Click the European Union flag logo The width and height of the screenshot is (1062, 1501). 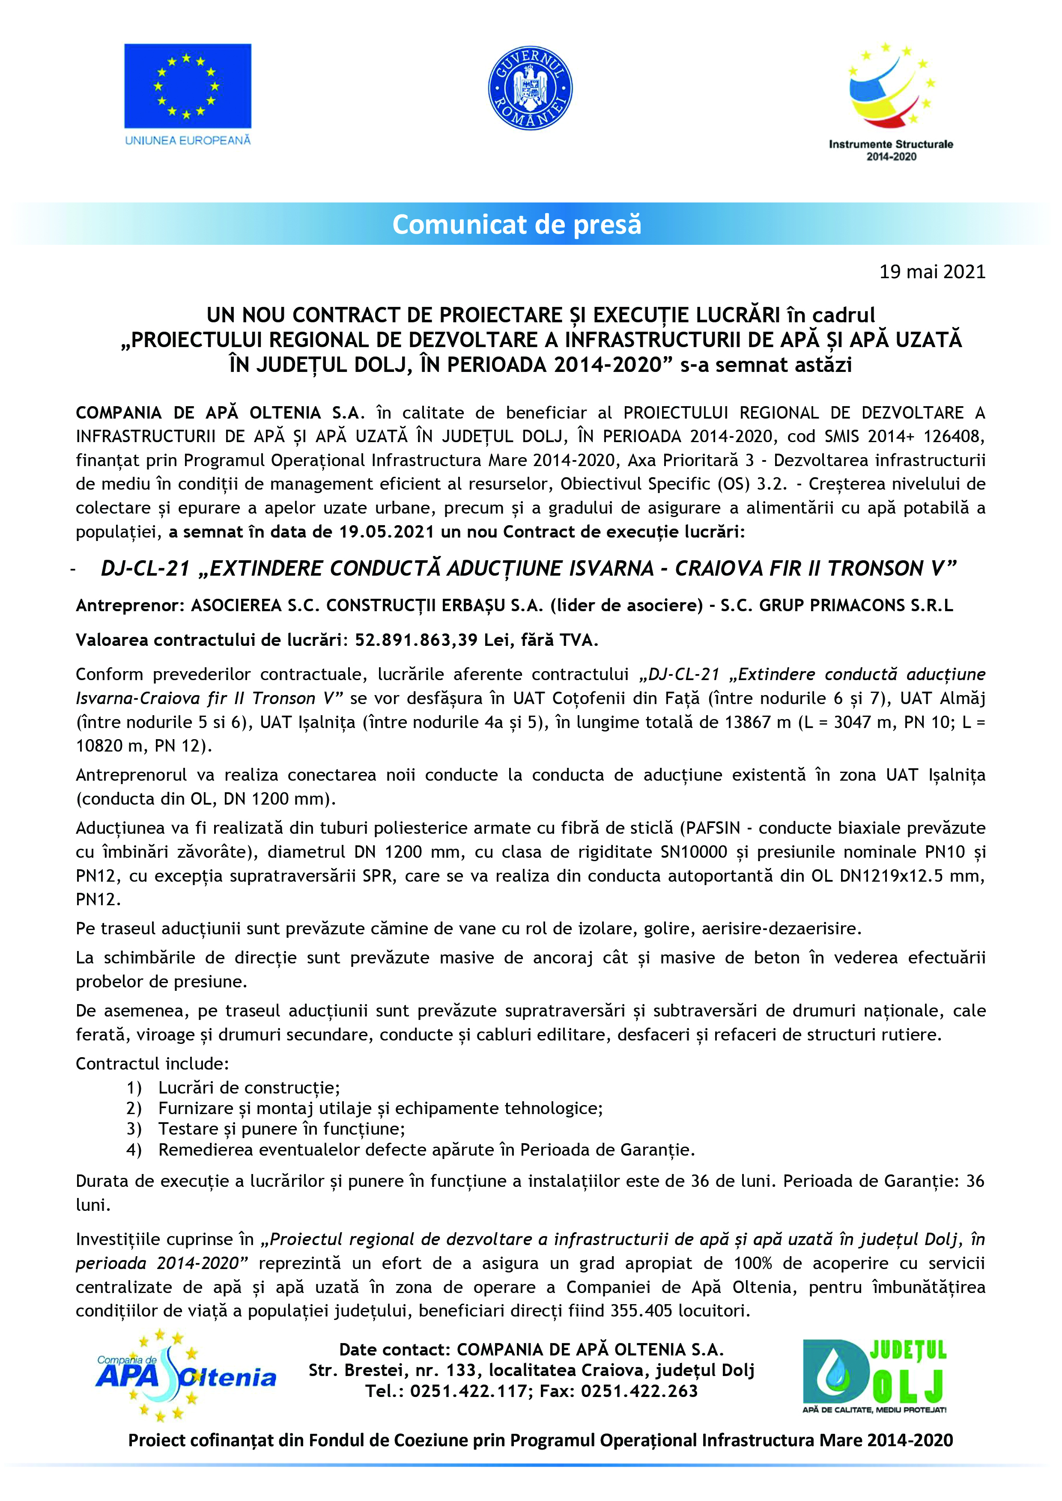[x=188, y=86]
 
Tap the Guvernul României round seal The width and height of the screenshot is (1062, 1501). [x=530, y=88]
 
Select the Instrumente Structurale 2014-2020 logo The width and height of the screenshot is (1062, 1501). [x=891, y=101]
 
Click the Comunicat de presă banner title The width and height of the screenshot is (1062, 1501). [x=516, y=225]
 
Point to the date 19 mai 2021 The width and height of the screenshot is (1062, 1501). [x=932, y=272]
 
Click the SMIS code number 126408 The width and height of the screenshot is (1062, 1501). [x=954, y=437]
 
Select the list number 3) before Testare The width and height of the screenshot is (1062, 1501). [x=134, y=1129]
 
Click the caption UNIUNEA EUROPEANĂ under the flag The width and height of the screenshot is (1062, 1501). [x=188, y=140]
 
